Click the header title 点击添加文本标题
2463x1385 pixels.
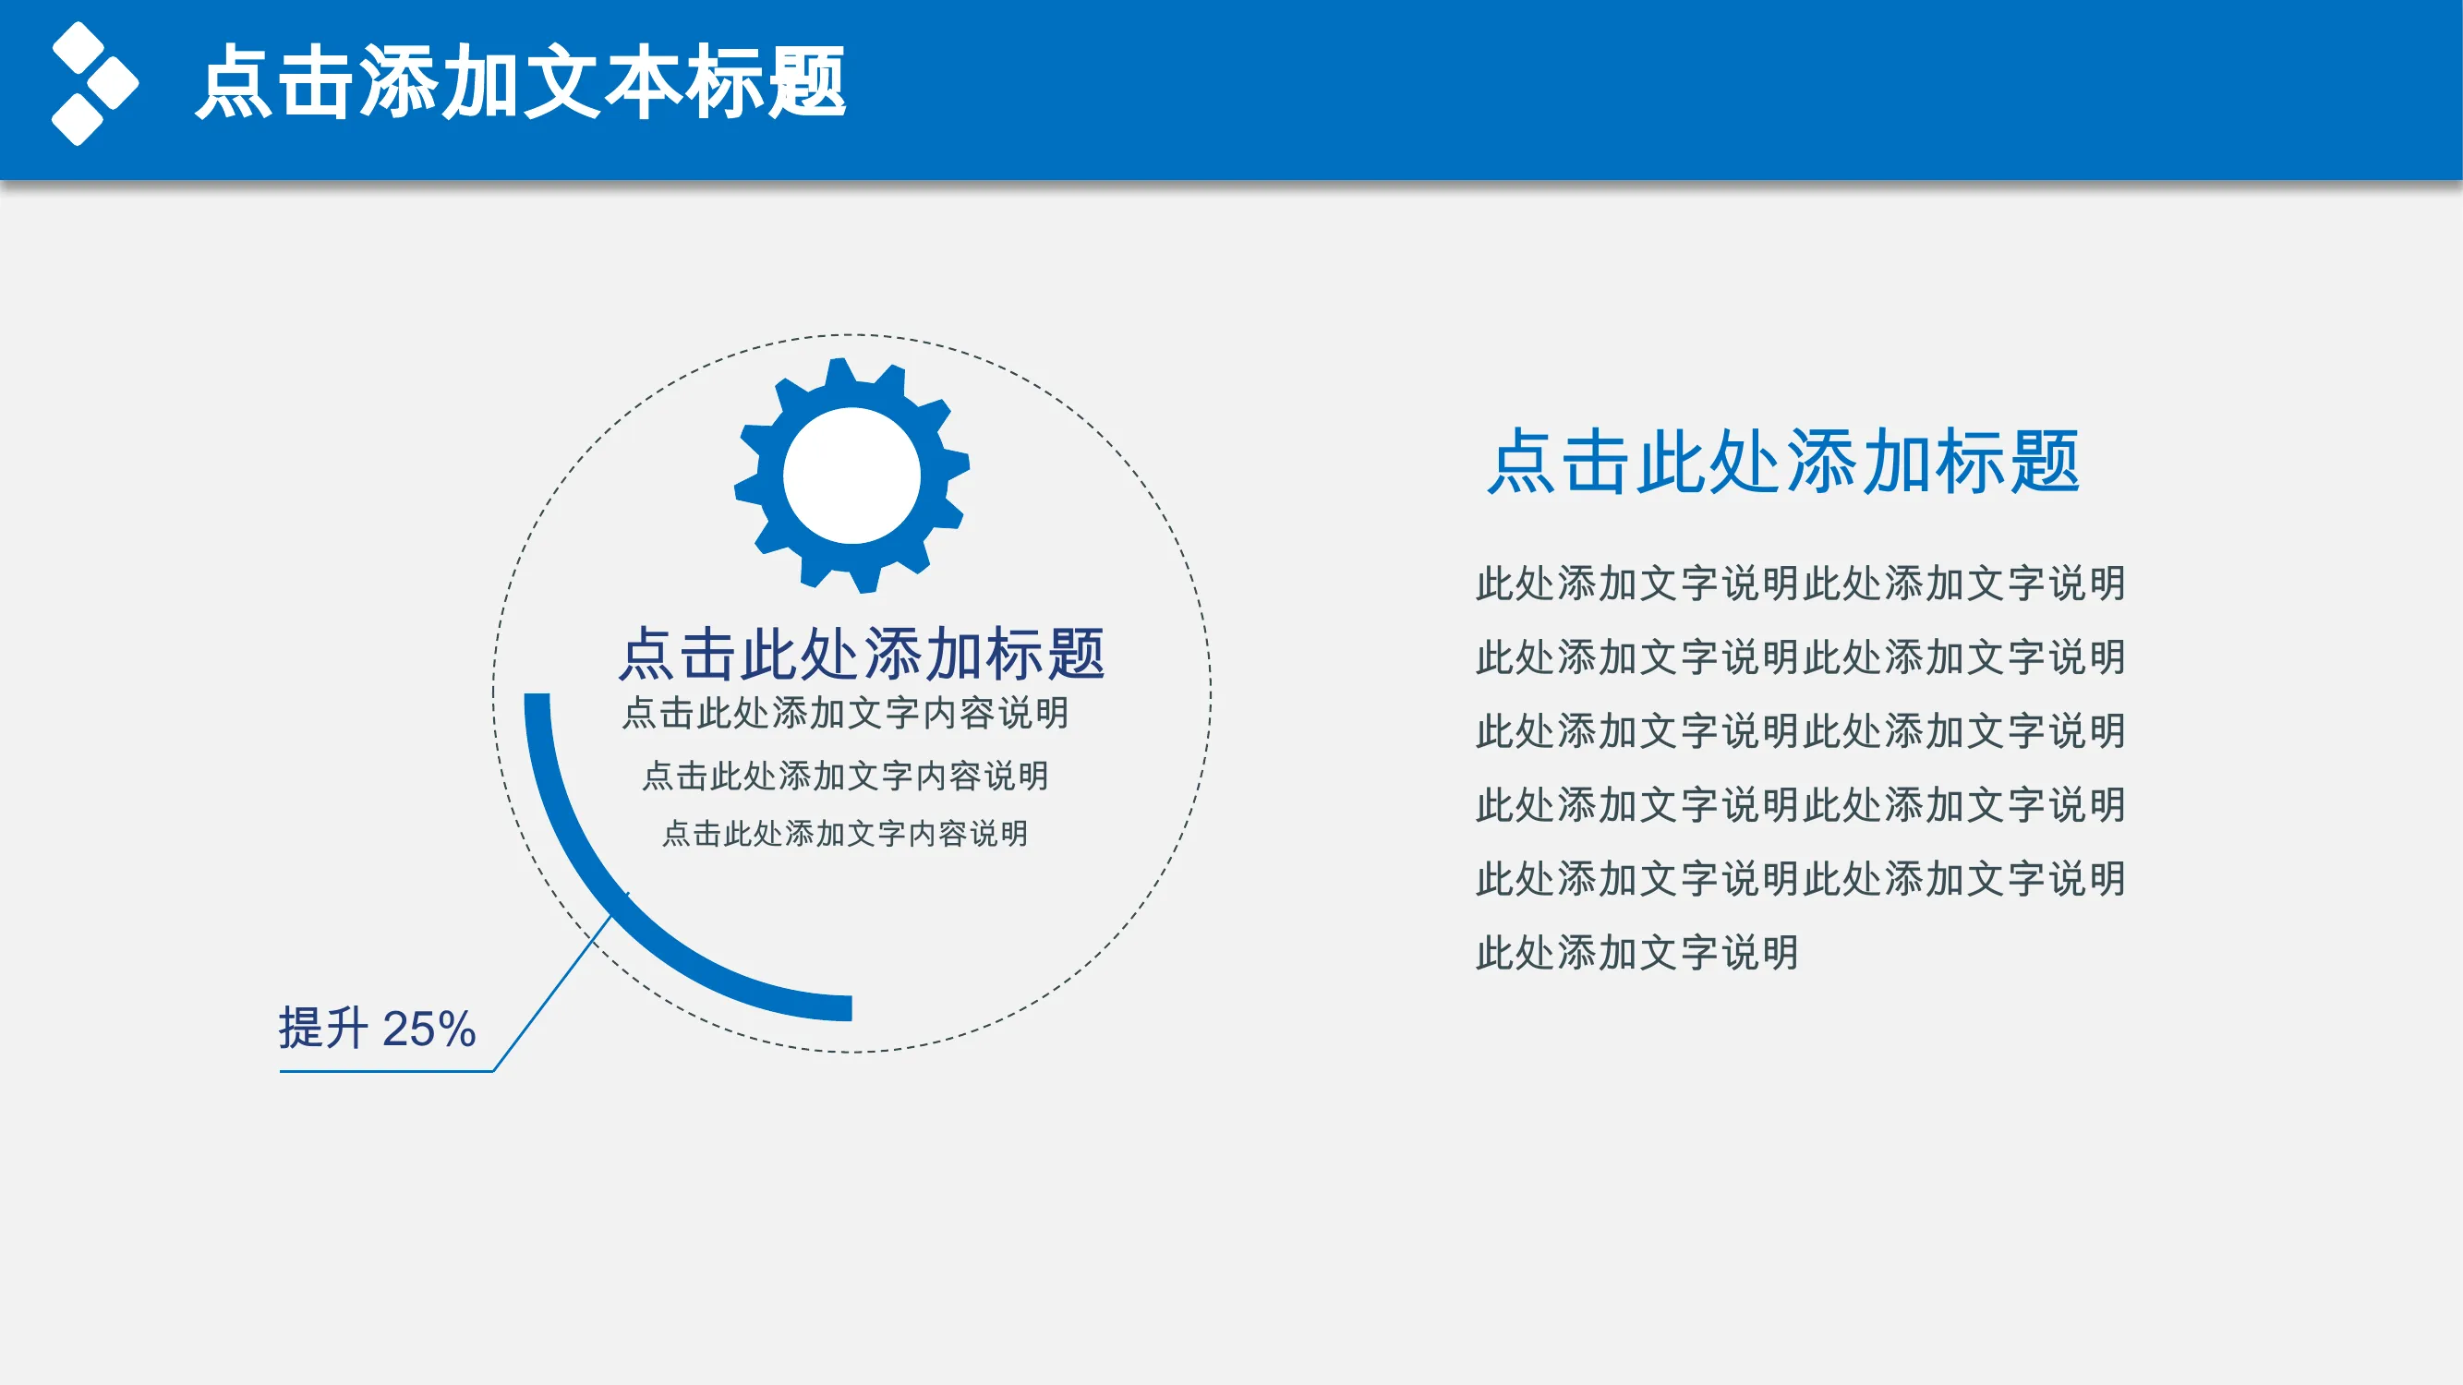pyautogui.click(x=521, y=82)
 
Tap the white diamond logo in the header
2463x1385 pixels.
pyautogui.click(x=94, y=83)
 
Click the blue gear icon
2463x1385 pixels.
pyautogui.click(x=851, y=475)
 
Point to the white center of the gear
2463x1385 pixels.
pyautogui.click(x=851, y=475)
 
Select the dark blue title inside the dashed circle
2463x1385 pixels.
pyautogui.click(x=862, y=654)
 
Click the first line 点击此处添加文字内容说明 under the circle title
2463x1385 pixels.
pyautogui.click(x=845, y=713)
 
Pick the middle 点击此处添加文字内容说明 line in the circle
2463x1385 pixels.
pyautogui.click(x=845, y=776)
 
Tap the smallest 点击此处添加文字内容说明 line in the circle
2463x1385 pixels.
pyautogui.click(x=845, y=834)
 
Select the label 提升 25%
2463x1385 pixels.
pyautogui.click(x=377, y=1029)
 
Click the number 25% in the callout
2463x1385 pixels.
pyautogui.click(x=429, y=1030)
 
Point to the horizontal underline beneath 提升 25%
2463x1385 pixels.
pyautogui.click(x=386, y=1071)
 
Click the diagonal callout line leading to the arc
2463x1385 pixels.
pyautogui.click(x=561, y=982)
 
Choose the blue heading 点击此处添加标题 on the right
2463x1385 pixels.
pyautogui.click(x=1783, y=462)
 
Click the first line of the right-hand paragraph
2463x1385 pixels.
pyautogui.click(x=1801, y=583)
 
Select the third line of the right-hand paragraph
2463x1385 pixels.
pyautogui.click(x=1801, y=731)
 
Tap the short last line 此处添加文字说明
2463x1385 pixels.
pyautogui.click(x=1636, y=953)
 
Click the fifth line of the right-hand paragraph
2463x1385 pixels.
pyautogui.click(x=1801, y=878)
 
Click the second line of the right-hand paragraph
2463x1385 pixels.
pyautogui.click(x=1801, y=656)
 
